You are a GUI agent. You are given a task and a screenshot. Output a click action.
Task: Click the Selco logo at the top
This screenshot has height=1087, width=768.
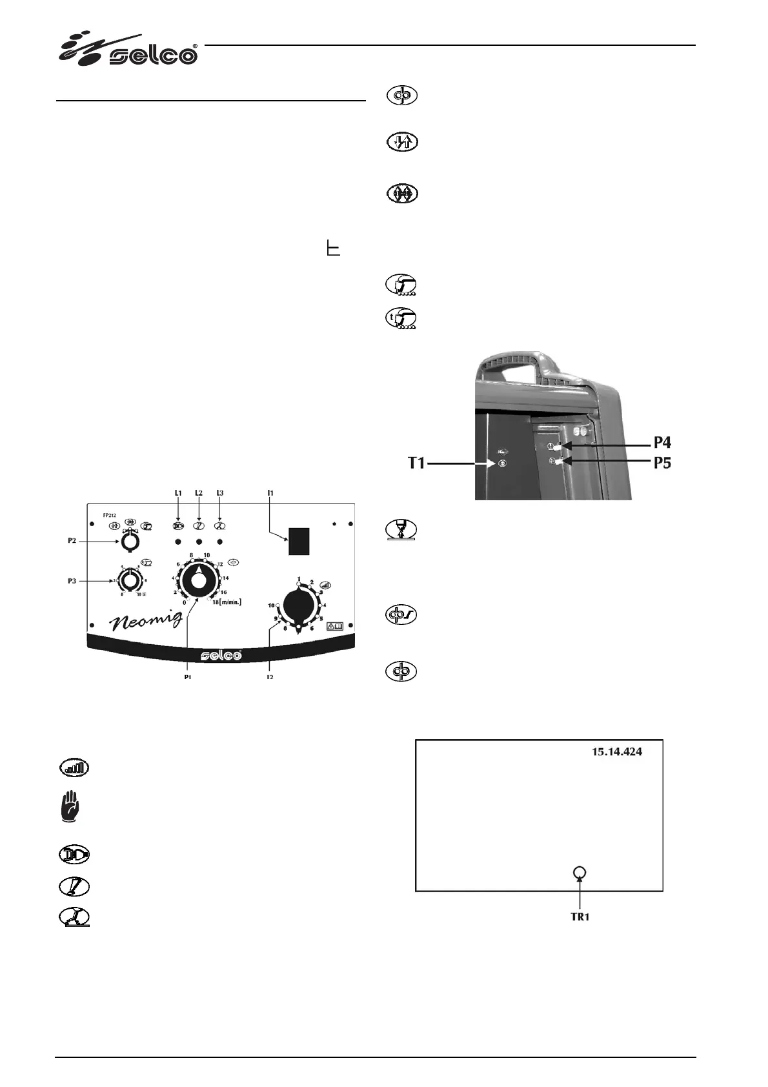click(129, 50)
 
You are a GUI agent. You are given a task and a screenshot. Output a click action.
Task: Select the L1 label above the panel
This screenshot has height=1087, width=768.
click(178, 493)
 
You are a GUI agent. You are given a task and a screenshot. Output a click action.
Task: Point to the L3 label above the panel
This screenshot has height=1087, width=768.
click(219, 493)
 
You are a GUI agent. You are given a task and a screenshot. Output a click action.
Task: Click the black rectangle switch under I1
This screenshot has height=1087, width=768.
click(299, 541)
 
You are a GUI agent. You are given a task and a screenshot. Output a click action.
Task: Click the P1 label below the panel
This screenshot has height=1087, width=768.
click(187, 678)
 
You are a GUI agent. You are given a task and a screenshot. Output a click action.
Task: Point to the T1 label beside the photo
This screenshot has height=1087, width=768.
click(416, 463)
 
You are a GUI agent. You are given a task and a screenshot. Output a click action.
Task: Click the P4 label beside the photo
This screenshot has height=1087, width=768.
click(662, 443)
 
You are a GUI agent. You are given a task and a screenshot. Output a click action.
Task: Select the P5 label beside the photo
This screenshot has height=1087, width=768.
click(662, 463)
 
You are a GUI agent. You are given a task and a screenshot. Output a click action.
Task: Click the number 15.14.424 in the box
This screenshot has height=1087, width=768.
click(618, 752)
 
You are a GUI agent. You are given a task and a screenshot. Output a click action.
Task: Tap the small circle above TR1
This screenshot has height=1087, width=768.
click(580, 873)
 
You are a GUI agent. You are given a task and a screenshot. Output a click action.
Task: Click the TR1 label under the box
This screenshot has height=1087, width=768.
click(580, 917)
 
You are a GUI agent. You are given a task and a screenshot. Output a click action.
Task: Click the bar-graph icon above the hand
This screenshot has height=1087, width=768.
click(74, 768)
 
